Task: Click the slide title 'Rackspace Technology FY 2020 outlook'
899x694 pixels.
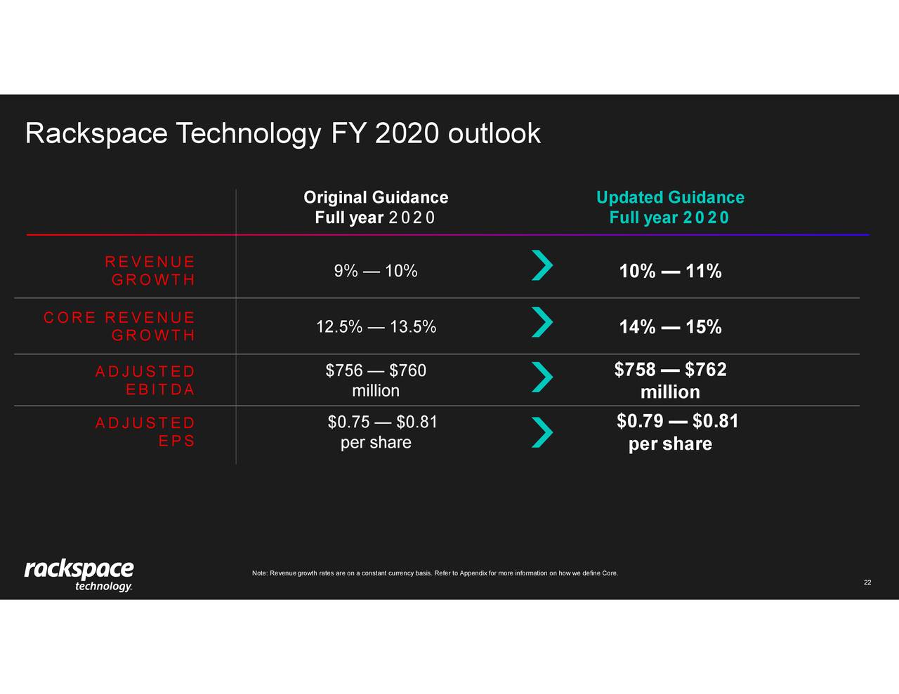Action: [282, 133]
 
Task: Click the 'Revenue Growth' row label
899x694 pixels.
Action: [150, 271]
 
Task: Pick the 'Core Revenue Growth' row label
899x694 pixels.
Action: [119, 326]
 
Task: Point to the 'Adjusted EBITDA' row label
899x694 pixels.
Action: [145, 380]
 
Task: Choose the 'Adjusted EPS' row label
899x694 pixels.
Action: [145, 432]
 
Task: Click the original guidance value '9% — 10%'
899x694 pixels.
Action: [376, 272]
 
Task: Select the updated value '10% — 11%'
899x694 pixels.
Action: [670, 272]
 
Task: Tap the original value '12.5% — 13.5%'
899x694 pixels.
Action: [376, 327]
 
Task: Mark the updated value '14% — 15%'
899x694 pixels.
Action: [670, 327]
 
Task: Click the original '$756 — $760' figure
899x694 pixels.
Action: [376, 371]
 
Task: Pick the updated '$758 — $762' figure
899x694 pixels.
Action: [670, 370]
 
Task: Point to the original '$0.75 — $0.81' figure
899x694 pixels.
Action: [382, 422]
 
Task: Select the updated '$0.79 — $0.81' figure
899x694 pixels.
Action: [677, 421]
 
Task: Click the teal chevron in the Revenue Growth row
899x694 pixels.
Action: [542, 265]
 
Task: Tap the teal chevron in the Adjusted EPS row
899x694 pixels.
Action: [542, 432]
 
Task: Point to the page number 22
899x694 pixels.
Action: [867, 582]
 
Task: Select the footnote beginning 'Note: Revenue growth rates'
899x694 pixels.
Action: [435, 573]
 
